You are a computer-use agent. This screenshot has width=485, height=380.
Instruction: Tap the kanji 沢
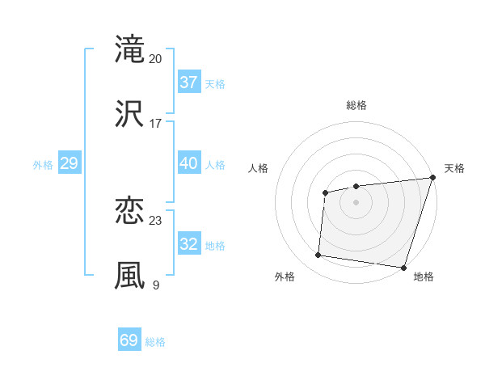coord(129,113)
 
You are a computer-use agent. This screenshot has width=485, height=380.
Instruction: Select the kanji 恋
coord(129,211)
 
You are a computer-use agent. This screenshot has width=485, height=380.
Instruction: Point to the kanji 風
coord(129,275)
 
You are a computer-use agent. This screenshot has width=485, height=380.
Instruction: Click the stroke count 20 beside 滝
coord(156,58)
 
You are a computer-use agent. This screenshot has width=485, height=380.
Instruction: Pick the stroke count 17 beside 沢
coord(156,123)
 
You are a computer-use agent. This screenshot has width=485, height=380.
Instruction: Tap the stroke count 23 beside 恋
coord(156,221)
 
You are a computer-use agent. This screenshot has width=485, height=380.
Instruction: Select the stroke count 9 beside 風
coord(156,285)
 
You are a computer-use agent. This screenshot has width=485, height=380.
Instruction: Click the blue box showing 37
coord(188,82)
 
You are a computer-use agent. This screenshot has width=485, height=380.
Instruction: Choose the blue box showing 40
coord(188,163)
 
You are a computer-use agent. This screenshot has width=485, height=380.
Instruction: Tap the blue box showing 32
coord(188,244)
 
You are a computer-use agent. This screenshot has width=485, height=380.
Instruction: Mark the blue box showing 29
coord(69,163)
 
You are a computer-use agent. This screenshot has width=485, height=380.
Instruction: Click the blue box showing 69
coord(129,340)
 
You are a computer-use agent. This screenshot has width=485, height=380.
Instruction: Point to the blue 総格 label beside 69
coord(155,342)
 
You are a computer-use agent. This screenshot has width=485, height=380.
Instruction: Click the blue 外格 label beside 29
coord(43,165)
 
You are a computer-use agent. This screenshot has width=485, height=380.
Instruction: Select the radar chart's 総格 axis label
coord(356,105)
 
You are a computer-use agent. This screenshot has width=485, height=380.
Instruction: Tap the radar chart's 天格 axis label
coord(454,168)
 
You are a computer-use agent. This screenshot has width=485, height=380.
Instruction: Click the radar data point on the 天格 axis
coord(433,178)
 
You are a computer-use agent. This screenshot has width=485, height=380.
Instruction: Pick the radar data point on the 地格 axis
coord(403,267)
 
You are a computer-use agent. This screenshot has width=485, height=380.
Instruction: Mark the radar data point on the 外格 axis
coord(318,255)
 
